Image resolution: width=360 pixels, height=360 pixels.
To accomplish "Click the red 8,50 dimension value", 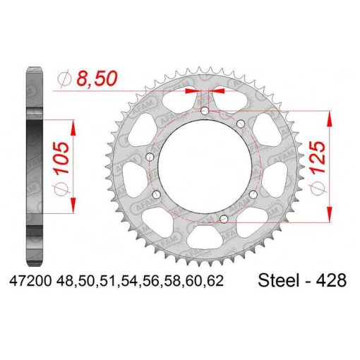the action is pos(97,78).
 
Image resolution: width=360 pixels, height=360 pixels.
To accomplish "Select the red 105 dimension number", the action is pos(62,158).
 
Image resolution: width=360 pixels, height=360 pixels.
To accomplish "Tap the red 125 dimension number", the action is pos(318,157).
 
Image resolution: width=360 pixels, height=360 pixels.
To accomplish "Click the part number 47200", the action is pos(30,281).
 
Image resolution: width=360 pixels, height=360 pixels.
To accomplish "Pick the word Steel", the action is pos(280,280).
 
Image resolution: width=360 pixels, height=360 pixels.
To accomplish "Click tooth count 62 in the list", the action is pos(215,281).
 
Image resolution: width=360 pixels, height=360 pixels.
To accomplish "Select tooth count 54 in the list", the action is pos(129,281).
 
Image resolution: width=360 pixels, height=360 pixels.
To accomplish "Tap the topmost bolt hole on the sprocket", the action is pos(205,111).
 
